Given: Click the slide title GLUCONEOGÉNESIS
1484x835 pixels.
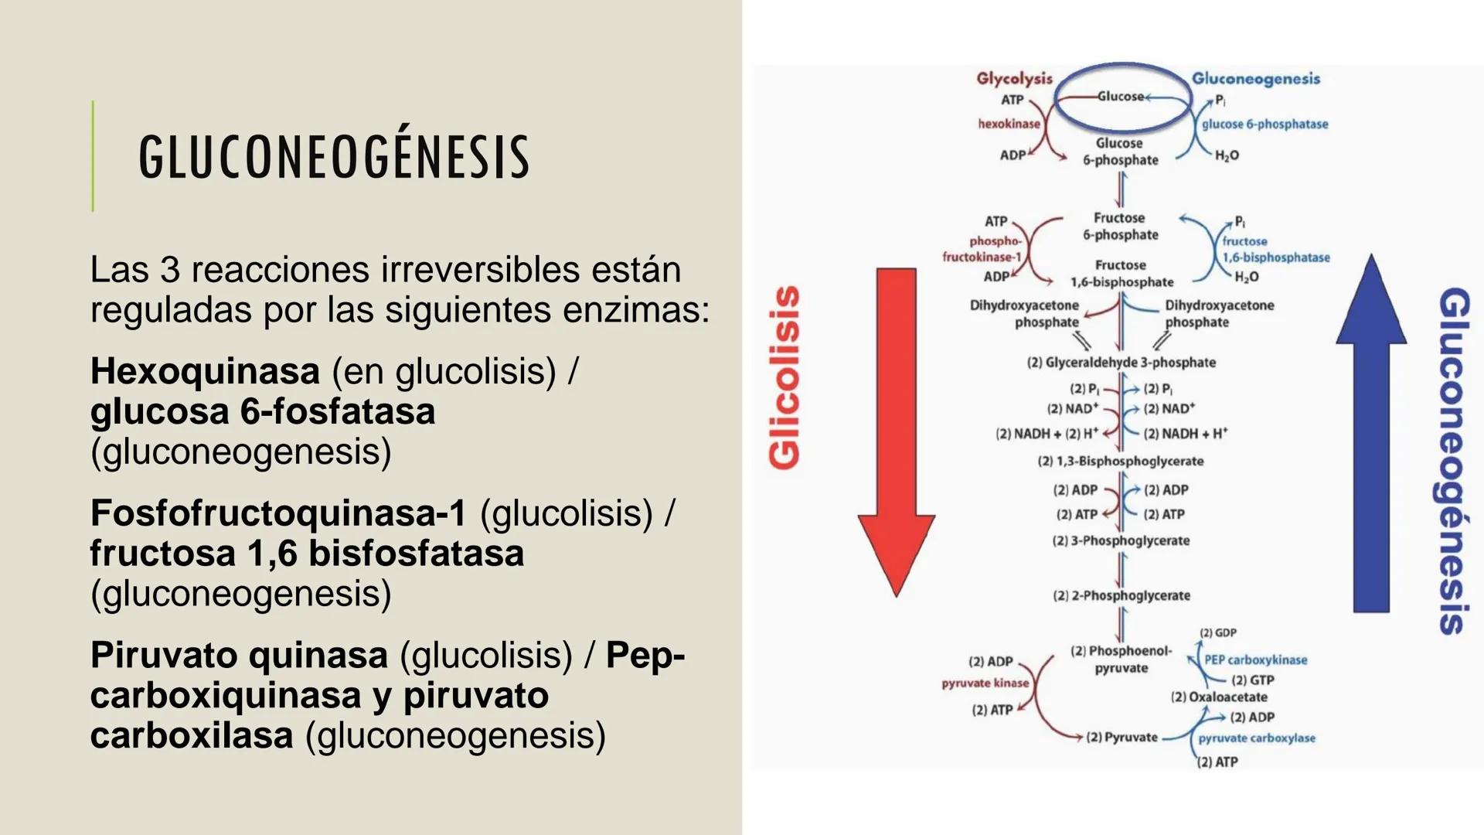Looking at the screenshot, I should [334, 156].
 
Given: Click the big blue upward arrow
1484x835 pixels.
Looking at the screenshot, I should [1371, 433].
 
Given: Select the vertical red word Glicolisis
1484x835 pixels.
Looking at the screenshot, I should [785, 377].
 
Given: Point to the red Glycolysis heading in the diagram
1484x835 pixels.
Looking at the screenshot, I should [1014, 78].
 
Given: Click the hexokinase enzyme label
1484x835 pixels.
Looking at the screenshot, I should [1009, 124].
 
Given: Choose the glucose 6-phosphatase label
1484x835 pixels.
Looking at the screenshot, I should [1264, 124].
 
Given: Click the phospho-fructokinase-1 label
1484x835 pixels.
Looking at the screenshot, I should [982, 249].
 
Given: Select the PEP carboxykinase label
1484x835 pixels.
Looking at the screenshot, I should [1255, 659].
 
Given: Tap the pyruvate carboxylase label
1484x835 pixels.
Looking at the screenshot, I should [1257, 738].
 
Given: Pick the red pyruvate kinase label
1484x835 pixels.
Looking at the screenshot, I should [985, 683].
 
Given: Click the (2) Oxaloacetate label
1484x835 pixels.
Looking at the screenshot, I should [1219, 697].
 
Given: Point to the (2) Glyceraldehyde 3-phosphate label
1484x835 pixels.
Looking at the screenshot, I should [1121, 362].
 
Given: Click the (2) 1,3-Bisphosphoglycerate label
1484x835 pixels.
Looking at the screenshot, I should [1120, 461].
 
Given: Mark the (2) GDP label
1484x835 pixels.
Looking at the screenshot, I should [1217, 632].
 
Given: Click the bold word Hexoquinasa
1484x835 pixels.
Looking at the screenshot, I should [205, 371].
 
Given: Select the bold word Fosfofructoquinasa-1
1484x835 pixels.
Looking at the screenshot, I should [278, 513].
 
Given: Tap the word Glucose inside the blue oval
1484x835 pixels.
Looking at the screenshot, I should [1120, 97].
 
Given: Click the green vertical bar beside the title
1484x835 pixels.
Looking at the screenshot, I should [93, 156].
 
